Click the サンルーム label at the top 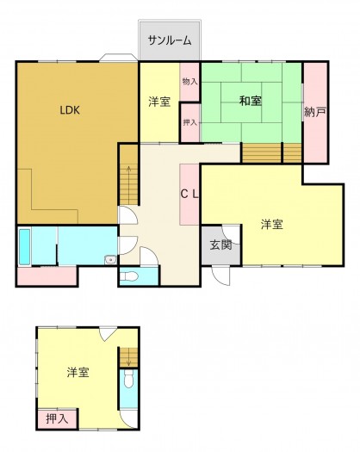(170, 40)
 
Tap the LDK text (70, 109)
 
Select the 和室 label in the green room (251, 102)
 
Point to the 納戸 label (315, 111)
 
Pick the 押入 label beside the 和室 (190, 123)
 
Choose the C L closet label (190, 194)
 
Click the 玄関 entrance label (220, 245)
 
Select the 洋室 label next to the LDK (159, 102)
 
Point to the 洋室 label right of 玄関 (272, 225)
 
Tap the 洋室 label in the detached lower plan (78, 373)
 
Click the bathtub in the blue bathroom (24, 247)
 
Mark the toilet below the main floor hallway (128, 276)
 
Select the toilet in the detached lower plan (128, 381)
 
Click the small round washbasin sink (111, 260)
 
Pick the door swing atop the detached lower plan (106, 336)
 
